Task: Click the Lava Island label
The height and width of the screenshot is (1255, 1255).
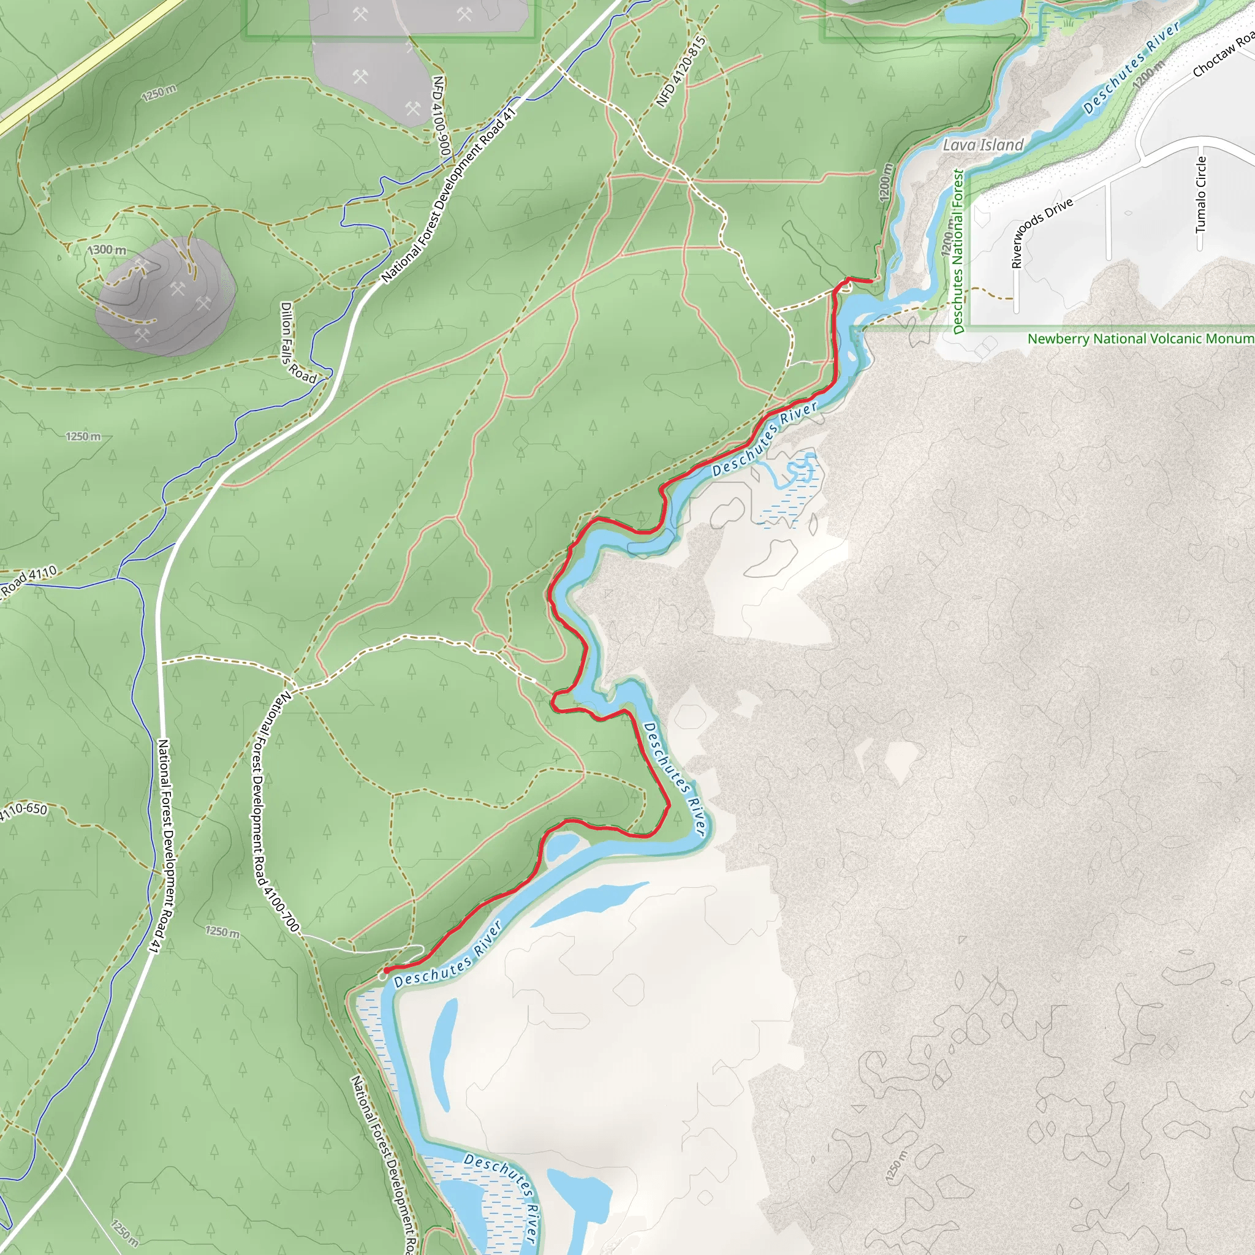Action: (x=983, y=145)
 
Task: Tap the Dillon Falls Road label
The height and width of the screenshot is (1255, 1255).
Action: (x=298, y=343)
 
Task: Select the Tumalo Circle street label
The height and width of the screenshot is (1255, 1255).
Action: (x=1201, y=195)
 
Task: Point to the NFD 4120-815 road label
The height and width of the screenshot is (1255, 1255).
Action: (x=681, y=72)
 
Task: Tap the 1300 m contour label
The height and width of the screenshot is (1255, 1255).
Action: (x=108, y=250)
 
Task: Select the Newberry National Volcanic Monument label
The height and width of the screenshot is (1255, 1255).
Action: (x=1140, y=338)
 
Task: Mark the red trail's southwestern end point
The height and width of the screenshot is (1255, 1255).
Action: (x=387, y=971)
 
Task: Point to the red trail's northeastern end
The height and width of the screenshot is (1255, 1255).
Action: (x=870, y=281)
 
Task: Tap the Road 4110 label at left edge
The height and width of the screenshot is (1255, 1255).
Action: (x=30, y=580)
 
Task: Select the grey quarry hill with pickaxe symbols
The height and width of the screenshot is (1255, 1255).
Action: (x=165, y=296)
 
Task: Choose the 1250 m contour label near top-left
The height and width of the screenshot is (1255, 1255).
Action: (x=159, y=93)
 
